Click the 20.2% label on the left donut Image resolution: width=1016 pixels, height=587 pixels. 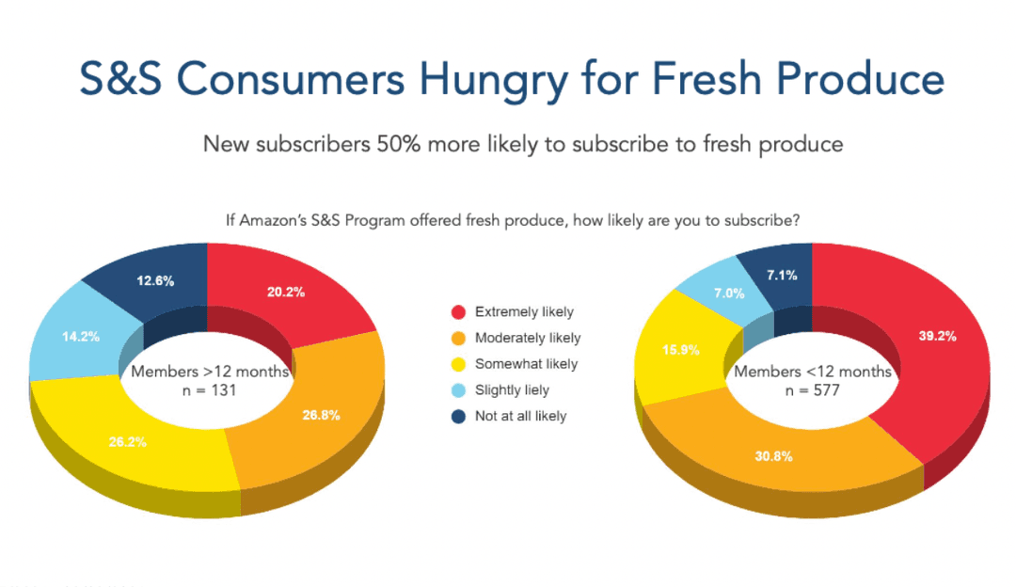click(285, 293)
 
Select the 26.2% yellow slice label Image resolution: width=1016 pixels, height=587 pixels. click(127, 441)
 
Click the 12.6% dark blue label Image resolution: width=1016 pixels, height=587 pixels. click(154, 279)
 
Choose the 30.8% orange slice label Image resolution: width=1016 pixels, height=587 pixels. click(772, 456)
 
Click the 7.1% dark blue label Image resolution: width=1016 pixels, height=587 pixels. click(782, 276)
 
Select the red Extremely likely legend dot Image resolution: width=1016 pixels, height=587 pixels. click(459, 312)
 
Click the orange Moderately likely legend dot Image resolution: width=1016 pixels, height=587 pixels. click(459, 338)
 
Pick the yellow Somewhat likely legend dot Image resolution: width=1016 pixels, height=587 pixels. click(459, 364)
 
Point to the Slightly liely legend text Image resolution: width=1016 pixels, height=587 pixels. click(512, 389)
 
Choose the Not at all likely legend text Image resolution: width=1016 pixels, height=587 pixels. click(521, 416)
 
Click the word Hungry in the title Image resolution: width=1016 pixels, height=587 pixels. click(494, 80)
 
